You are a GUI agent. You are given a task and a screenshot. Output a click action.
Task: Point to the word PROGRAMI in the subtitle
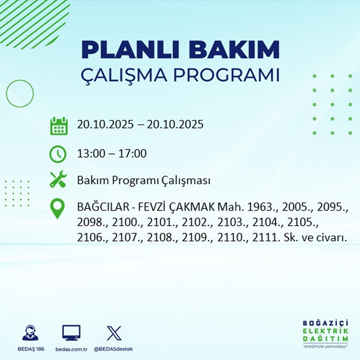[x=226, y=75]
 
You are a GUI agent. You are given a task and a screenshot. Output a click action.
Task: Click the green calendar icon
[x=58, y=126]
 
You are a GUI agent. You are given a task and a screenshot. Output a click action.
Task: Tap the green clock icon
[x=58, y=154]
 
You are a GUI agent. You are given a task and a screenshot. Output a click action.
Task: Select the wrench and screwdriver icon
[x=58, y=180]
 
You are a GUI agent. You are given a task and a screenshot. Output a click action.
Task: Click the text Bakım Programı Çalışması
[x=144, y=180]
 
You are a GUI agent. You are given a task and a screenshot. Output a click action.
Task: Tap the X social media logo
[x=114, y=333]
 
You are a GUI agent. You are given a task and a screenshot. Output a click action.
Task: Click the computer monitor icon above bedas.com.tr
[x=71, y=333]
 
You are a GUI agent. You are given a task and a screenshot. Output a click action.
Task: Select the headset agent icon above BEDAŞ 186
[x=30, y=333]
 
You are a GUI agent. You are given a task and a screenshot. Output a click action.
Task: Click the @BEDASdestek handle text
[x=113, y=349]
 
